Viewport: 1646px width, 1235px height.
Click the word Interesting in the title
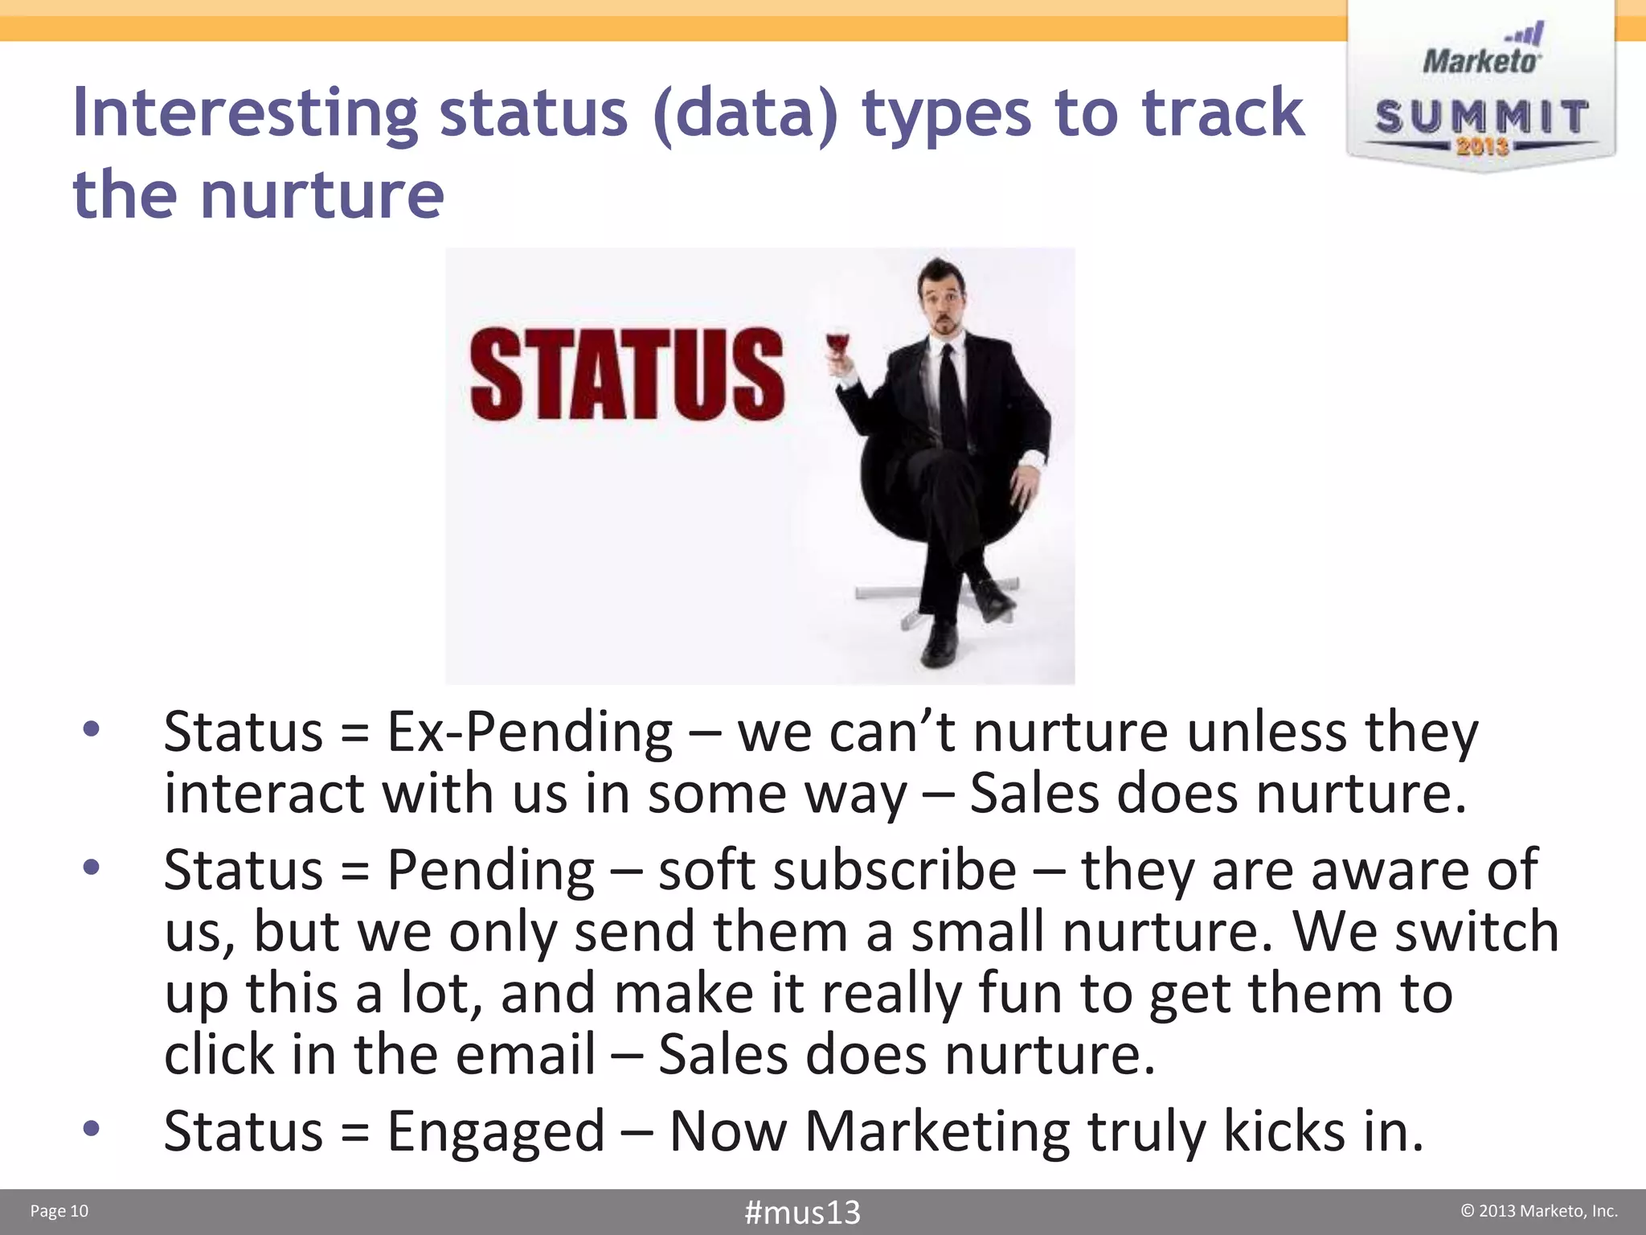(245, 113)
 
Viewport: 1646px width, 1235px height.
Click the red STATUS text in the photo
(627, 375)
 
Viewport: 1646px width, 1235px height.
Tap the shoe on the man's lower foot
(939, 643)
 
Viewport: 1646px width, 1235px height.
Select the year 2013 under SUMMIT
(1482, 146)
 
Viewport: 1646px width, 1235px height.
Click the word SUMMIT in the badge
(1481, 117)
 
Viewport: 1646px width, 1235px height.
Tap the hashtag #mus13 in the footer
(802, 1212)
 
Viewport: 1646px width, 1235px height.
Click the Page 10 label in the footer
(59, 1211)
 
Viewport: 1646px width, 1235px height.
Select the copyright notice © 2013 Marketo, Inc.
(1538, 1211)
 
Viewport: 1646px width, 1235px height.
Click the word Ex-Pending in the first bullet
(530, 733)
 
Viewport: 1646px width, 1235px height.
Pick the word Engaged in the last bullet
(495, 1131)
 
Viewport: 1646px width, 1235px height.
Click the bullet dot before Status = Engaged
(92, 1129)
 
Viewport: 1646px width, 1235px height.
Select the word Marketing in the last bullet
(937, 1131)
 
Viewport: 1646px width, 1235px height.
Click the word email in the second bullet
(526, 1055)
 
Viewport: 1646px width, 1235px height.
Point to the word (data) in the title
(746, 113)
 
